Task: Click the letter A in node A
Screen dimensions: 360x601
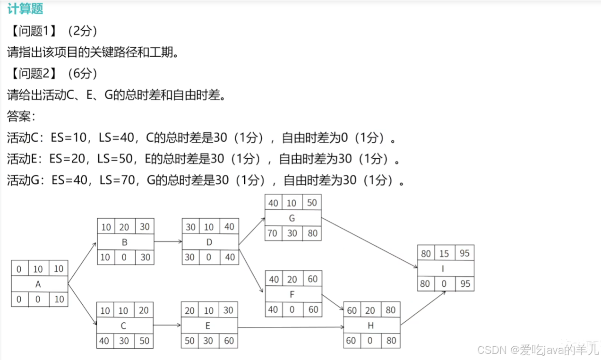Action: tap(38, 284)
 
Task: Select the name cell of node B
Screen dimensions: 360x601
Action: tap(125, 242)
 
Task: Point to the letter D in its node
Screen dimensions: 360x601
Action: tap(210, 242)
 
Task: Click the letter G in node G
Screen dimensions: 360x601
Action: tap(292, 218)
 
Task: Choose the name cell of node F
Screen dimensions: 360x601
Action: tap(292, 294)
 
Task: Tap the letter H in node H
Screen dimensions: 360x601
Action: tap(371, 326)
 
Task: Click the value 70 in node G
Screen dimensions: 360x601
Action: tap(273, 233)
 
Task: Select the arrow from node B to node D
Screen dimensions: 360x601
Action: tap(168, 241)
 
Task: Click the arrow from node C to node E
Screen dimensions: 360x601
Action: tap(167, 325)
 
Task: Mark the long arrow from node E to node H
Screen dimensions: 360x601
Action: tap(291, 327)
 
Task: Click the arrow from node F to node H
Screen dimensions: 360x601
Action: tap(333, 302)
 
